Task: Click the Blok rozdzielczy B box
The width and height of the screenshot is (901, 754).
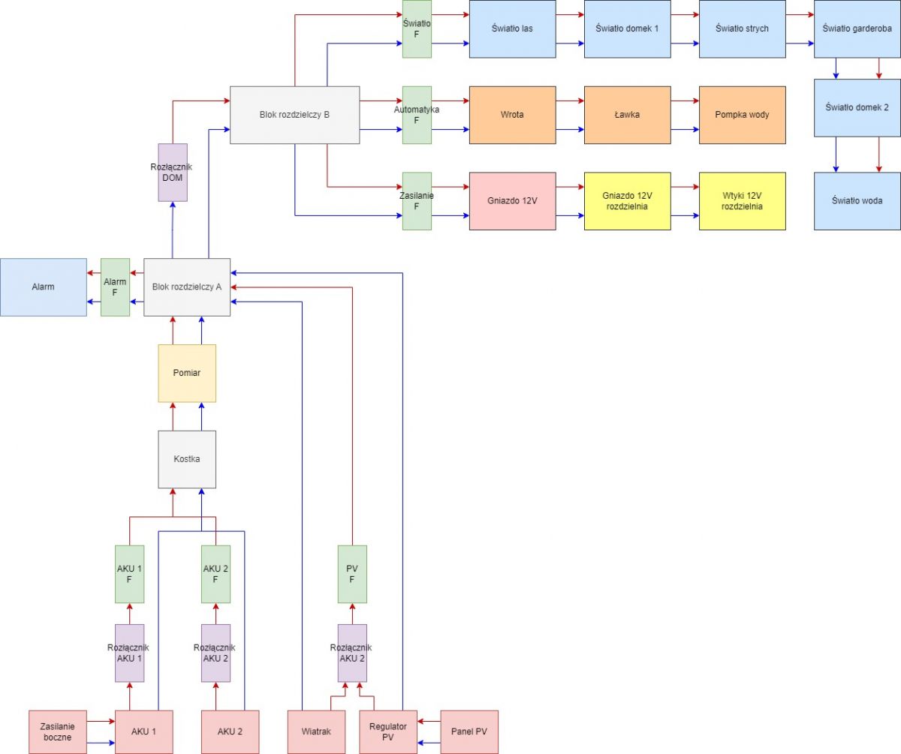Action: click(295, 115)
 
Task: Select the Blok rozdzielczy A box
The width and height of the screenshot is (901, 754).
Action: click(187, 287)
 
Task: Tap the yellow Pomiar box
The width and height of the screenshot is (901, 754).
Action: click(187, 374)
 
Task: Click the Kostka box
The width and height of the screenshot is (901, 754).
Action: click(187, 459)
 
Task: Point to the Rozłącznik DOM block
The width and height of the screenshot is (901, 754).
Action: click(173, 173)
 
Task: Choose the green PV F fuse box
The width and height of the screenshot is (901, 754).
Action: click(352, 574)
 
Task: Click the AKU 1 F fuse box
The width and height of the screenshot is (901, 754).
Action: click(129, 574)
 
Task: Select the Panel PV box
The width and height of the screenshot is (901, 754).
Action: click(469, 732)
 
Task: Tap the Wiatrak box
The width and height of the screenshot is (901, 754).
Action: click(316, 732)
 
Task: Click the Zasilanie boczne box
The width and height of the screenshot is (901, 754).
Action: click(58, 732)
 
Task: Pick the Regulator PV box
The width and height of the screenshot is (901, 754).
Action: click(388, 732)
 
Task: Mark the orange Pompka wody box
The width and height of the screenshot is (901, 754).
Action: click(743, 115)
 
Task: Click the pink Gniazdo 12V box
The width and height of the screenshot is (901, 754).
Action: click(513, 201)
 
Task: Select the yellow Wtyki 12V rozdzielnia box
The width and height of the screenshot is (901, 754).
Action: click(743, 201)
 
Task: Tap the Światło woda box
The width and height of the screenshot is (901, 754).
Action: click(857, 201)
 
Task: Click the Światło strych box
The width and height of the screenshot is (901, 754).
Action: click(743, 29)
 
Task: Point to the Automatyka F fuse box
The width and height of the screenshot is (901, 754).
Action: click(417, 115)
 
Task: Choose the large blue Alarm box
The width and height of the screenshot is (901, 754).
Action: click(43, 287)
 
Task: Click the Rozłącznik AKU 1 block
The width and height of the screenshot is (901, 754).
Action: click(129, 653)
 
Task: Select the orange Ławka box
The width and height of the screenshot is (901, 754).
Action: click(628, 115)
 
